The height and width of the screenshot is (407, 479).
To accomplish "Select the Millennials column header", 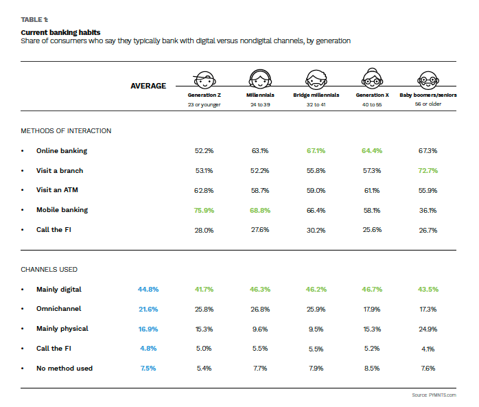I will [x=260, y=95].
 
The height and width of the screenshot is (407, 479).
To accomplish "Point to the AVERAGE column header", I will [x=148, y=86].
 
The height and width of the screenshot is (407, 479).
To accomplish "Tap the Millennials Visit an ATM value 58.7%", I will [x=260, y=190].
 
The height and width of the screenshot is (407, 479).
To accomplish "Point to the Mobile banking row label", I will [x=62, y=210].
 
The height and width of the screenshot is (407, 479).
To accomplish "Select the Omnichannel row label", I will [x=59, y=309].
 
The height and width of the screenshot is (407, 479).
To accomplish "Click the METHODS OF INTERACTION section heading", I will [x=66, y=130].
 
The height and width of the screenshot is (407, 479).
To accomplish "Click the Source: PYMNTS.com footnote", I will [x=434, y=395].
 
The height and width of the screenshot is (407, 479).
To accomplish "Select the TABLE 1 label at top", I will [x=34, y=21].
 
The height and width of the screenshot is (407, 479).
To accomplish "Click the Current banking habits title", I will [x=60, y=32].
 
